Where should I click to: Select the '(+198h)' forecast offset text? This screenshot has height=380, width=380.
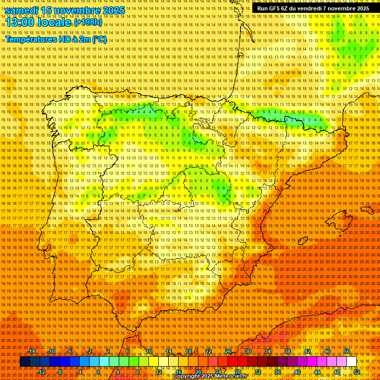point(88,22)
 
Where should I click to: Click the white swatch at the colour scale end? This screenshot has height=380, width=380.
point(351,362)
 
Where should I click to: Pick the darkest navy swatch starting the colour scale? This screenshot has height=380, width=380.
point(25,362)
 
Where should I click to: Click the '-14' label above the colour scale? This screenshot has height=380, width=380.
point(32,351)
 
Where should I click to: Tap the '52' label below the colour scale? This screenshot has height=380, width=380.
point(357,372)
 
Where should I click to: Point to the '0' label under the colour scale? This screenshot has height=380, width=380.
point(98,372)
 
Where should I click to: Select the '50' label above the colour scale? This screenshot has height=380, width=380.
point(347,351)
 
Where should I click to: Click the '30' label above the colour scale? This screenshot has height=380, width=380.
point(247,351)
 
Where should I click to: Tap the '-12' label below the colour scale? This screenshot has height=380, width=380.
point(42,372)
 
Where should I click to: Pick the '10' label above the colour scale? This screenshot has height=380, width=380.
point(148,351)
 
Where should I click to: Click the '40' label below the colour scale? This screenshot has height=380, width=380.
point(297,372)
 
